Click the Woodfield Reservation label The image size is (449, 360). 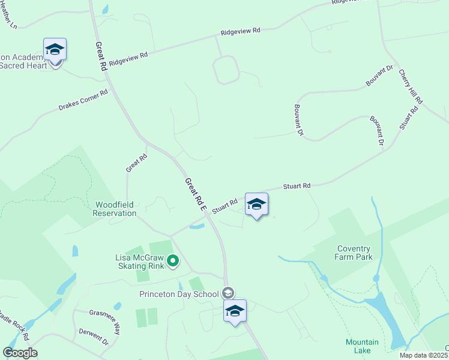click(115, 209)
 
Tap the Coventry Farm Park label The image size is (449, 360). click(354, 253)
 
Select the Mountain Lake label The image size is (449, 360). click(362, 346)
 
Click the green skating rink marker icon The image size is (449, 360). click(173, 260)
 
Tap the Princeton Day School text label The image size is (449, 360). click(179, 294)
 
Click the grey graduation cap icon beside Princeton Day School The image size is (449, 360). click(228, 293)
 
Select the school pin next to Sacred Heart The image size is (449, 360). click(55, 50)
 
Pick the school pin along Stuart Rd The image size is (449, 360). click(256, 204)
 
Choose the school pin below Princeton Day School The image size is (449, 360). click(235, 311)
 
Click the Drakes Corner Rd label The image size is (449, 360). click(83, 100)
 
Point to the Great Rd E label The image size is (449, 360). click(195, 194)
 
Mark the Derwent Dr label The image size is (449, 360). click(94, 337)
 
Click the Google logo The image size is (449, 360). click(20, 353)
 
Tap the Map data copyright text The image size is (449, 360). click(424, 355)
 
